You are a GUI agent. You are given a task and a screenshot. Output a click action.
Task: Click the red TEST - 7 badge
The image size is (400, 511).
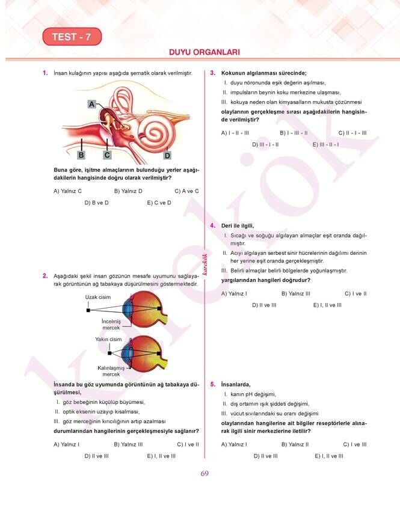(x=72, y=37)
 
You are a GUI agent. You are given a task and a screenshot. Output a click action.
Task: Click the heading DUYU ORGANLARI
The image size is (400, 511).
(x=205, y=52)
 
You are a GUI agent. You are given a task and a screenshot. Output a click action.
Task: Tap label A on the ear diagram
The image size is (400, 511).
(x=92, y=104)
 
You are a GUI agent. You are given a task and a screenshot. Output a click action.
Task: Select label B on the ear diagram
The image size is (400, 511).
(x=81, y=155)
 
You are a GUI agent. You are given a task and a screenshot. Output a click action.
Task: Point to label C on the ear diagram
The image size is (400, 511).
(x=107, y=155)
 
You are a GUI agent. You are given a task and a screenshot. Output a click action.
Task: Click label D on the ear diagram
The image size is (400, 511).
(x=167, y=156)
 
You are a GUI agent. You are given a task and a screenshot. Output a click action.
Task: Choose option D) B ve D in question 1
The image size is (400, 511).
(x=96, y=203)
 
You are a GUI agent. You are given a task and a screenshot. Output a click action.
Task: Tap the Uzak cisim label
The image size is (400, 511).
(x=97, y=297)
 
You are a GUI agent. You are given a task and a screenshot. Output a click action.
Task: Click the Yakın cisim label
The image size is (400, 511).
(x=108, y=339)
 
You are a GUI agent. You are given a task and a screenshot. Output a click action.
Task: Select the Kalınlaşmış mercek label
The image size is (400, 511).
(x=111, y=371)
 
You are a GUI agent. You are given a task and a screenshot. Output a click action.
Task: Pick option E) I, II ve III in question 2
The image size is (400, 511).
(x=161, y=456)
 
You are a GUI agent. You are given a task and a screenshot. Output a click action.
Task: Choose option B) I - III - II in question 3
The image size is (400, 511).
(x=294, y=132)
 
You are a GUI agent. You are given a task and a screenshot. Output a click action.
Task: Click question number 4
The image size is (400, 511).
(x=213, y=225)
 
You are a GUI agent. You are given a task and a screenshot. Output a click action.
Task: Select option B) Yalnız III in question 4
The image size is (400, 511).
(x=296, y=293)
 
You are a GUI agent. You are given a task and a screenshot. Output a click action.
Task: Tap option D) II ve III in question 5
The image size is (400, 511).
(x=265, y=456)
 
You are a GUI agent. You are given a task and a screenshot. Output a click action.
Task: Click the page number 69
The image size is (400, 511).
(x=205, y=474)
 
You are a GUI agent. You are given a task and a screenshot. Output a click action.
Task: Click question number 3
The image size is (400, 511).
(x=213, y=73)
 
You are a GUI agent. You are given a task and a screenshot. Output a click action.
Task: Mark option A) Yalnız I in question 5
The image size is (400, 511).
(x=234, y=444)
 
